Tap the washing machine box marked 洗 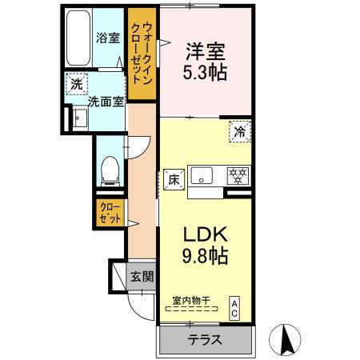pyautogui.click(x=76, y=84)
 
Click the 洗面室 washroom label pyautogui.click(x=104, y=102)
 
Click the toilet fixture pyautogui.click(x=111, y=169)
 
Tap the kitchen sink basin pyautogui.click(x=202, y=175)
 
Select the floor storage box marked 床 pyautogui.click(x=173, y=179)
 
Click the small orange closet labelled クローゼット pyautogui.click(x=110, y=213)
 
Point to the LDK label pyautogui.click(x=206, y=235)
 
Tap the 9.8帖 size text pyautogui.click(x=206, y=257)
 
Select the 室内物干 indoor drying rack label pyautogui.click(x=191, y=301)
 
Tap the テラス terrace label pyautogui.click(x=206, y=338)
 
